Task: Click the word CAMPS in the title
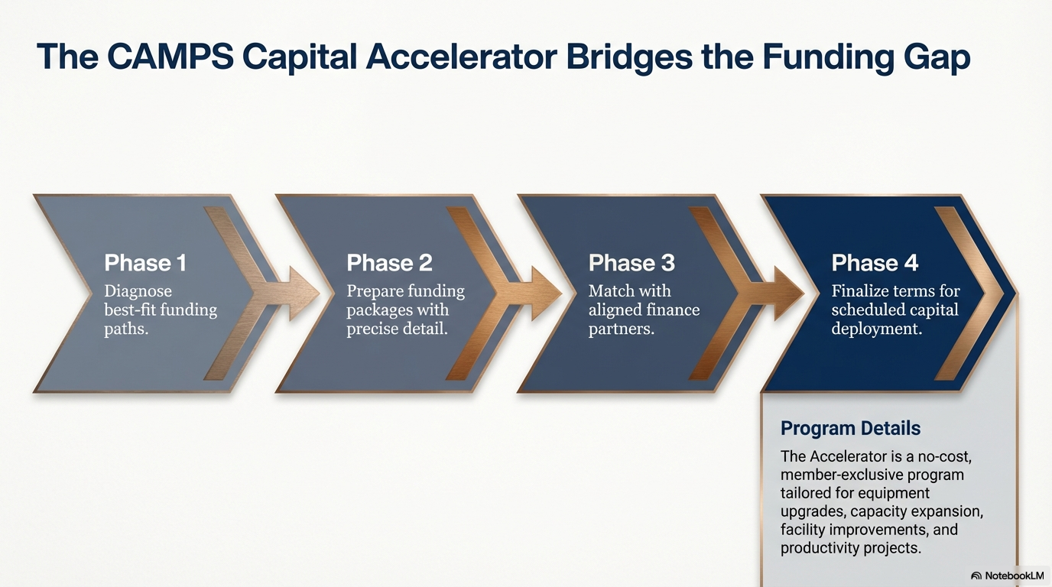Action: (x=170, y=57)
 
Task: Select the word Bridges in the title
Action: (x=629, y=58)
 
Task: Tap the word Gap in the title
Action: (x=937, y=58)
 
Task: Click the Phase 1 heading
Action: (x=145, y=262)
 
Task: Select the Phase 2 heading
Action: (x=389, y=262)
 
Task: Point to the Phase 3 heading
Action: (x=632, y=262)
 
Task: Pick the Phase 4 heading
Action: (x=875, y=262)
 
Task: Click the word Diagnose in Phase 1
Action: (x=138, y=292)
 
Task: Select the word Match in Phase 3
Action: (x=609, y=290)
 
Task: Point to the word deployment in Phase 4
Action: (x=877, y=329)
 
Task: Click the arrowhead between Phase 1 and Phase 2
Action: (x=304, y=293)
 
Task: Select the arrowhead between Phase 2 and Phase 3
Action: (x=546, y=293)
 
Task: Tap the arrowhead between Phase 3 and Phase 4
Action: (x=789, y=293)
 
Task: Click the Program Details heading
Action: (x=850, y=428)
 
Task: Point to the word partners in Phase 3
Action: (x=622, y=329)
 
